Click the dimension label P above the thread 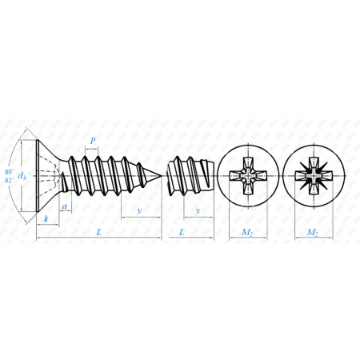point(93,141)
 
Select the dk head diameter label point(22,176)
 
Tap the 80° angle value point(10,171)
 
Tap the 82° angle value point(10,180)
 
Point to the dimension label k point(46,219)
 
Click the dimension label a point(65,206)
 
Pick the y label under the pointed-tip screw point(139,210)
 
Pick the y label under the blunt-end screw point(198,210)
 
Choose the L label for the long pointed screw point(99,232)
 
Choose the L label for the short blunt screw point(182,232)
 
